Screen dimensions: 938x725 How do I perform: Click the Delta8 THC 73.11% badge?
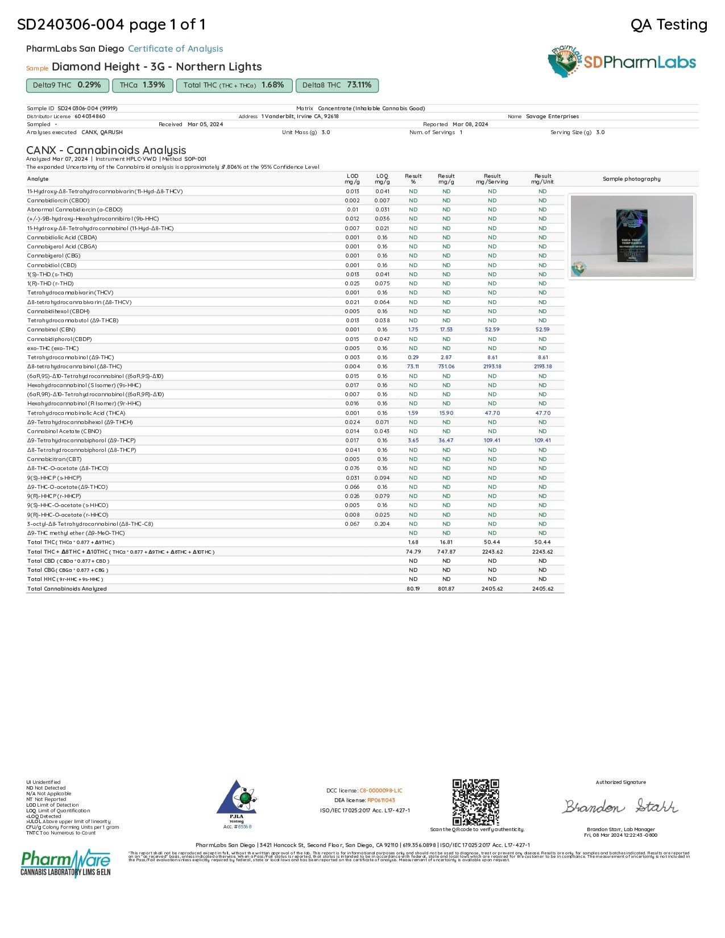337,85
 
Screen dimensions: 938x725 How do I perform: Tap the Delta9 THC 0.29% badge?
67,85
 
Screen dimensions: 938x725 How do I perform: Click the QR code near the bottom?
475,802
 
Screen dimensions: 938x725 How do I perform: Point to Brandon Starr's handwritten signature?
620,807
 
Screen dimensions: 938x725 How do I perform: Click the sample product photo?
631,236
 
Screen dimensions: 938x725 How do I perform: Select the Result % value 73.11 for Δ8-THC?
413,367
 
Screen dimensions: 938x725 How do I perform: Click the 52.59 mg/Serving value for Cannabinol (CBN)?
492,330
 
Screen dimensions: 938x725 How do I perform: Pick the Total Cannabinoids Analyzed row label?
67,589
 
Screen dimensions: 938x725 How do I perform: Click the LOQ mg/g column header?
382,179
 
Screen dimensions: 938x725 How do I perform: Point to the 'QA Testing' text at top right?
669,24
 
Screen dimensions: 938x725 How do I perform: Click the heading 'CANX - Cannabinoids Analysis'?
106,150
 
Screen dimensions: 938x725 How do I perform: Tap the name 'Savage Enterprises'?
552,117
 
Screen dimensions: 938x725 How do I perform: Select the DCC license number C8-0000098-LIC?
380,791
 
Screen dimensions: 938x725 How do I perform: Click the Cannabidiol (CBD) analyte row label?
52,265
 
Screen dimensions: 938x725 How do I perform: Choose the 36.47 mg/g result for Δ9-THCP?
446,441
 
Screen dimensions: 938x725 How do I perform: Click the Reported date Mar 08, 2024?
470,124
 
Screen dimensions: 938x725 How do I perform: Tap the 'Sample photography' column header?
631,179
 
